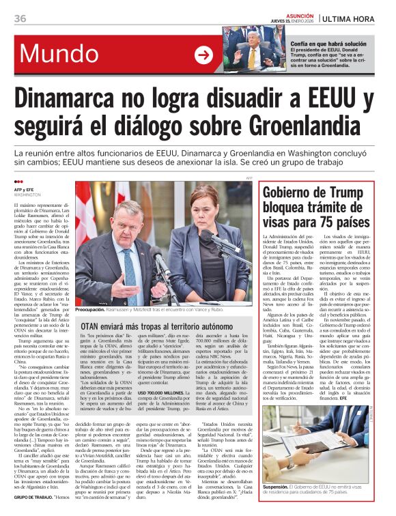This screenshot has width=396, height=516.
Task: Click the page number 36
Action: tap(20, 17)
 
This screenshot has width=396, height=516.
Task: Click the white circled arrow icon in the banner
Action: tap(203, 55)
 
